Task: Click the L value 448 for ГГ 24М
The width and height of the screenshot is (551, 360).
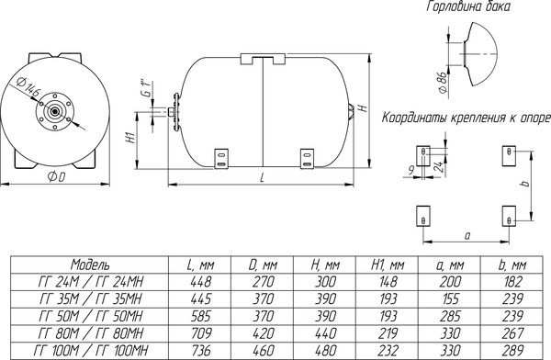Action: point(201,282)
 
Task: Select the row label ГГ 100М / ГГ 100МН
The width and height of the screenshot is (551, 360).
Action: point(91,350)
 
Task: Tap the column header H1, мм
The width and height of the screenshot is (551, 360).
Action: point(388,264)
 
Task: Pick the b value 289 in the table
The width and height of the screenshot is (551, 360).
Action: point(512,350)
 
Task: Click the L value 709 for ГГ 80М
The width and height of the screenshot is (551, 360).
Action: point(201,333)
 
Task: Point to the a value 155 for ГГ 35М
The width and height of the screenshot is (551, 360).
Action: point(450,298)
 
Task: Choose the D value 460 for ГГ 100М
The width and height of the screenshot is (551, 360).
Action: point(264,350)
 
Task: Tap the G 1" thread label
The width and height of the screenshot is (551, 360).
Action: point(148,89)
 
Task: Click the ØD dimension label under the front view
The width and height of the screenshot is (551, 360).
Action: point(56,177)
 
